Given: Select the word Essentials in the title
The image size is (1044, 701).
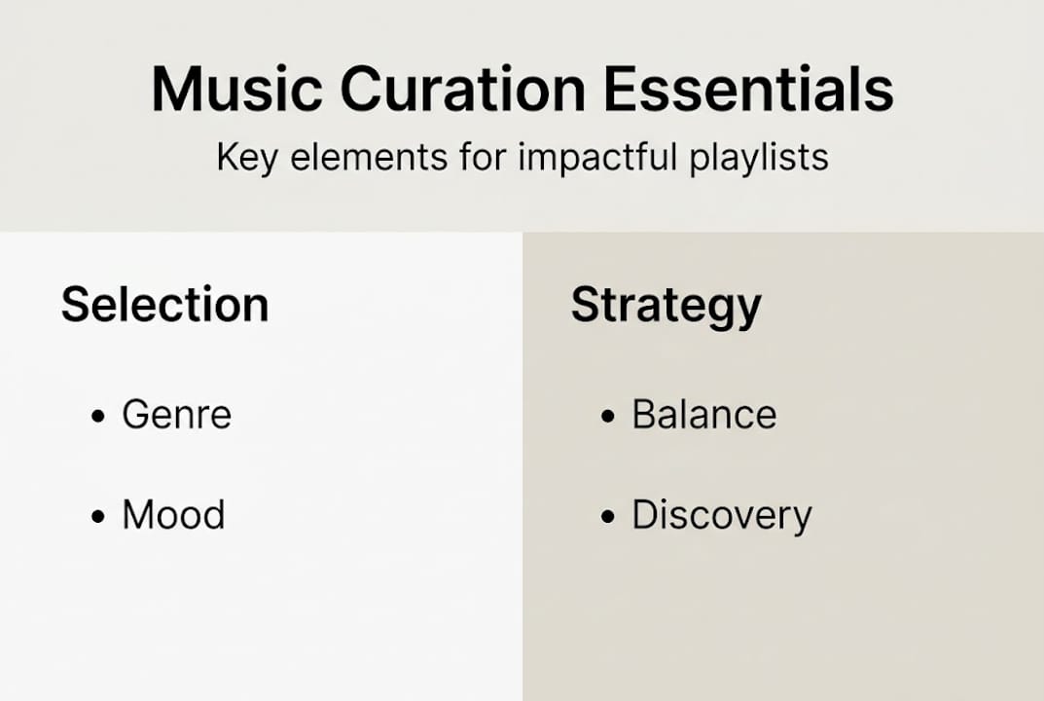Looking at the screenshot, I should point(748,90).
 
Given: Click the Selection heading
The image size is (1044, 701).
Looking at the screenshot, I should point(164,305).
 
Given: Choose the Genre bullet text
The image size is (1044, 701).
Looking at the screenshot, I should point(176,416).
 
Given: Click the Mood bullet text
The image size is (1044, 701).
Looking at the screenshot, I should point(173,515).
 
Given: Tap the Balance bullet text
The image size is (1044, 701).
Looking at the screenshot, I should point(704,415).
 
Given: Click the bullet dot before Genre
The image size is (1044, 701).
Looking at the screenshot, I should point(97,417).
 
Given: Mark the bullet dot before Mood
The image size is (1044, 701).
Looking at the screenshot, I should point(97,517).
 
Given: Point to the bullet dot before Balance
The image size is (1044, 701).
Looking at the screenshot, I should point(608,417).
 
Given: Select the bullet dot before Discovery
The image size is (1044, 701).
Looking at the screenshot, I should point(608,517).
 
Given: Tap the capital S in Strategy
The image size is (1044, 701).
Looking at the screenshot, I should point(586,305).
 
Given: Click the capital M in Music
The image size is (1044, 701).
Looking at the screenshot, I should point(178,90).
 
